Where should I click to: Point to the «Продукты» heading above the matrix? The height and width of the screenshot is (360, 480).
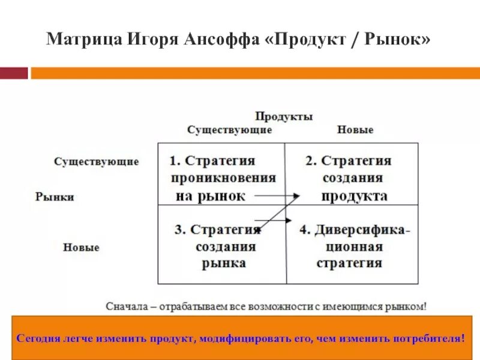click(x=284, y=116)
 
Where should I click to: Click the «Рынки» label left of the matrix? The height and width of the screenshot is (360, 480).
click(x=55, y=197)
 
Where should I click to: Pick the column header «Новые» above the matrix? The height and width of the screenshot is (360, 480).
click(x=355, y=130)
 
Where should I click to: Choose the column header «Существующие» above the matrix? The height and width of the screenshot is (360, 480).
click(x=229, y=130)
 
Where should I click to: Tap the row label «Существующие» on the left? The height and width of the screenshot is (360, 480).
click(x=96, y=162)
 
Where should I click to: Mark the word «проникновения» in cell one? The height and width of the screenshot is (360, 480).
click(x=223, y=178)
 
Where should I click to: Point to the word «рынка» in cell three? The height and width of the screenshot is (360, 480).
click(x=223, y=263)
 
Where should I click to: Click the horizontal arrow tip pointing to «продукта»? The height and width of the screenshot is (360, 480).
click(x=297, y=196)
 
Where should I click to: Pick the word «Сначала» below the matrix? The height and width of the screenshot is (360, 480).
click(x=125, y=306)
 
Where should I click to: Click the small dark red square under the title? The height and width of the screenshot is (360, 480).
click(x=14, y=73)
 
